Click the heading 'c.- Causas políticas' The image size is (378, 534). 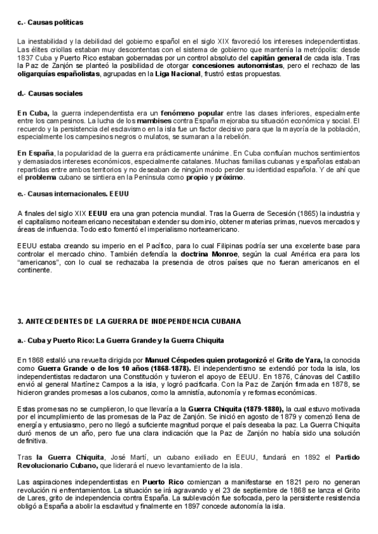pyautogui.click(x=50, y=23)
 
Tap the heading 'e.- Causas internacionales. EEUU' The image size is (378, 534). pyautogui.click(x=73, y=193)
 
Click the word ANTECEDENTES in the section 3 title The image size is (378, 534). pyautogui.click(x=54, y=321)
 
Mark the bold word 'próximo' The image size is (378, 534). pyautogui.click(x=229, y=178)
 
